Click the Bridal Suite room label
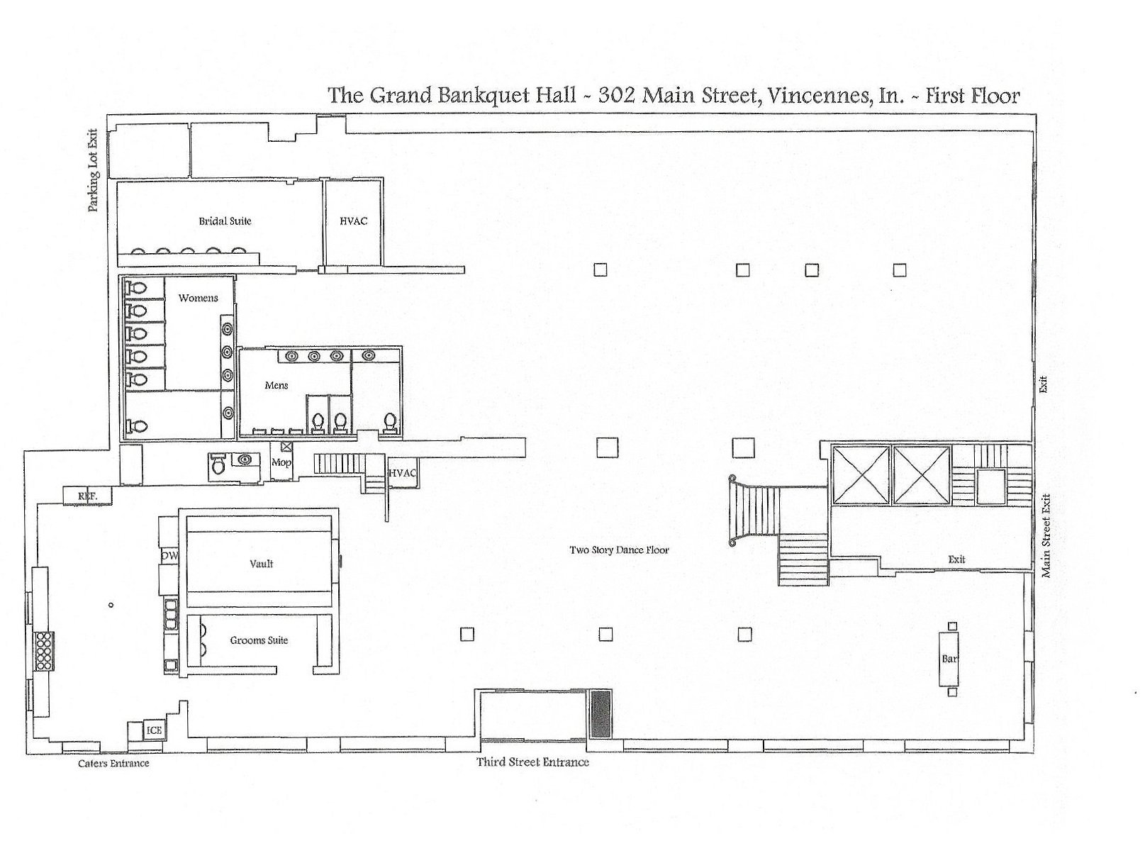coord(225,221)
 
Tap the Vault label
coord(261,564)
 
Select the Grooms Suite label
coord(259,640)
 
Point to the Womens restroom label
coord(198,298)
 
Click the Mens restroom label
coord(276,385)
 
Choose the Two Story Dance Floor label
coord(619,550)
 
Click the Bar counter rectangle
coord(949,659)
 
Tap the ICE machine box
coord(154,730)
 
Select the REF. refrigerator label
coord(87,496)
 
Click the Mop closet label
coord(281,462)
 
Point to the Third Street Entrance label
coord(532,762)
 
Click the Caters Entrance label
coord(113,763)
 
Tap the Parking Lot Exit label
coord(93,170)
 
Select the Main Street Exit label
coord(1046,535)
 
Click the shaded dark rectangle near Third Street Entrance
coord(601,714)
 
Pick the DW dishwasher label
coord(169,557)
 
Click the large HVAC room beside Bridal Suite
coord(353,221)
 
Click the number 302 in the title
coord(615,95)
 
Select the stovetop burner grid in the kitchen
coord(44,650)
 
